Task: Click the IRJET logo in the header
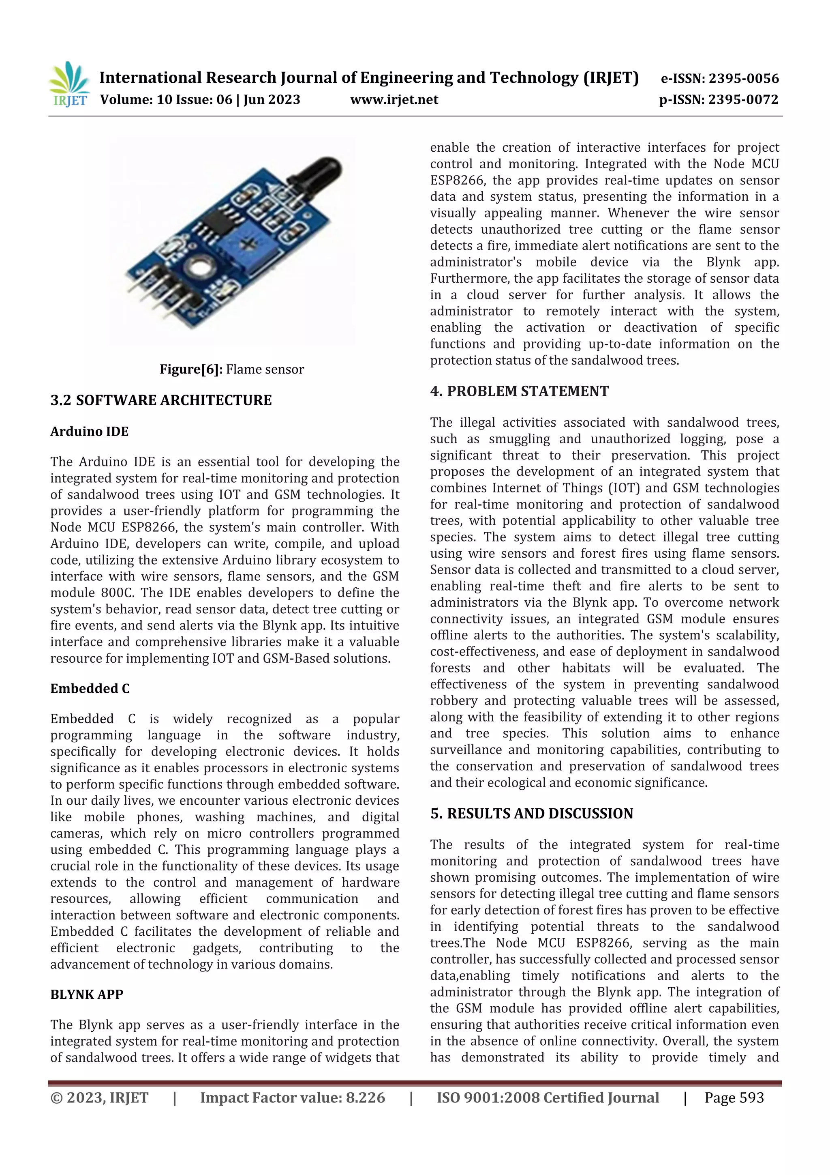tap(69, 84)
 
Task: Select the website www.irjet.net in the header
tap(394, 100)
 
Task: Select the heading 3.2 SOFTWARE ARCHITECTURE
tap(160, 400)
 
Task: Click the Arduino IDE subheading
tap(90, 432)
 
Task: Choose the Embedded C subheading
tap(90, 689)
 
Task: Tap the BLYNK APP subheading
tap(86, 995)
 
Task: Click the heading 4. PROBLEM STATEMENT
tap(519, 391)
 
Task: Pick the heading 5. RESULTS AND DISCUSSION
tap(531, 814)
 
